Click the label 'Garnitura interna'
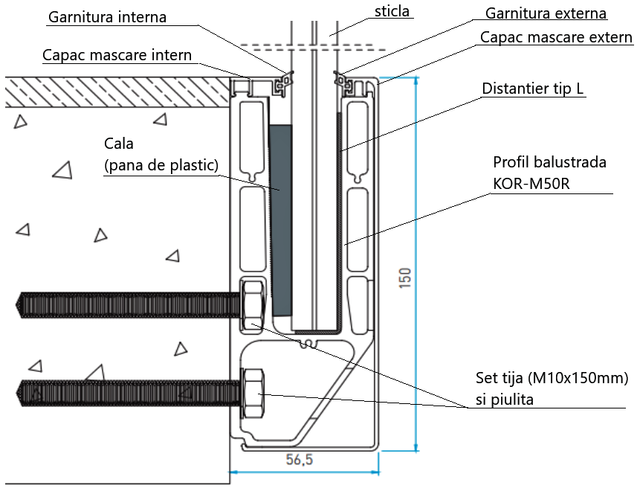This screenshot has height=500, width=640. tap(107, 16)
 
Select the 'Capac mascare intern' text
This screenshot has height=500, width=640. tap(117, 55)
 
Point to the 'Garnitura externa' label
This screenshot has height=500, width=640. tap(546, 13)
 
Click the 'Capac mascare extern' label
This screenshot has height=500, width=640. tap(556, 37)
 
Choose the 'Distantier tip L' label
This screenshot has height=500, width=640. tap(533, 89)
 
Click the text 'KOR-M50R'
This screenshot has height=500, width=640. tap(531, 183)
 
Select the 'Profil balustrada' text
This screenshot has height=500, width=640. tap(550, 162)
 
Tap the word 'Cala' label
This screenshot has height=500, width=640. tap(119, 143)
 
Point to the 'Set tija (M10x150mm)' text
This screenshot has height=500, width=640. tap(552, 379)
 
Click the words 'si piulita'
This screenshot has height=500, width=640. tap(505, 400)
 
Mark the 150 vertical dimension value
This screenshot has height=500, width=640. tap(405, 277)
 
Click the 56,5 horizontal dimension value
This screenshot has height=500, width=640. tap(300, 461)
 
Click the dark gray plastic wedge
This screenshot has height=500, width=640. tap(280, 219)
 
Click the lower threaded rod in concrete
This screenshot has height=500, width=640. tap(126, 393)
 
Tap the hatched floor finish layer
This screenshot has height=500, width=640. tap(111, 92)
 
